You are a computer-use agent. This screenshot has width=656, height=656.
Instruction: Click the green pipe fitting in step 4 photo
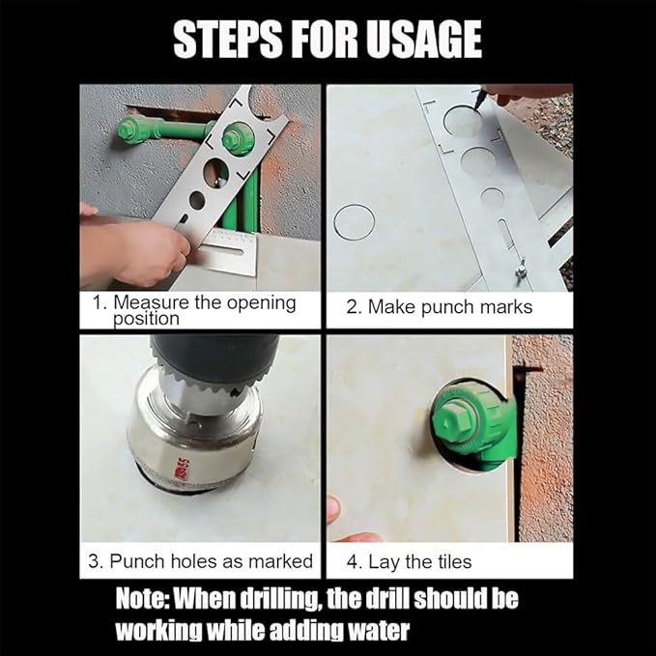click(471, 423)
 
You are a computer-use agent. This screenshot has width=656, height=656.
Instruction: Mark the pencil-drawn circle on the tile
click(354, 222)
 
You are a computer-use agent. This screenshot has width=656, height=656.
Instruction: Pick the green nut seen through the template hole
click(237, 138)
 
